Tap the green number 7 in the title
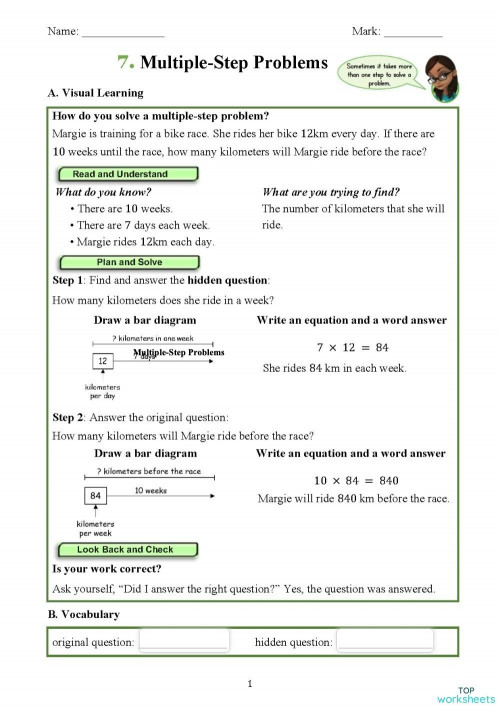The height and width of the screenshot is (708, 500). [x=125, y=63]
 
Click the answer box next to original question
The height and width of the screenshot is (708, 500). [x=183, y=641]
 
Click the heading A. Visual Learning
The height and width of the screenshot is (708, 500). [x=95, y=93]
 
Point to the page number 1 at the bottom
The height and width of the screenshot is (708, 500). [x=249, y=684]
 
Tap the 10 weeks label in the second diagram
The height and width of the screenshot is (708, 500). [x=150, y=491]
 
